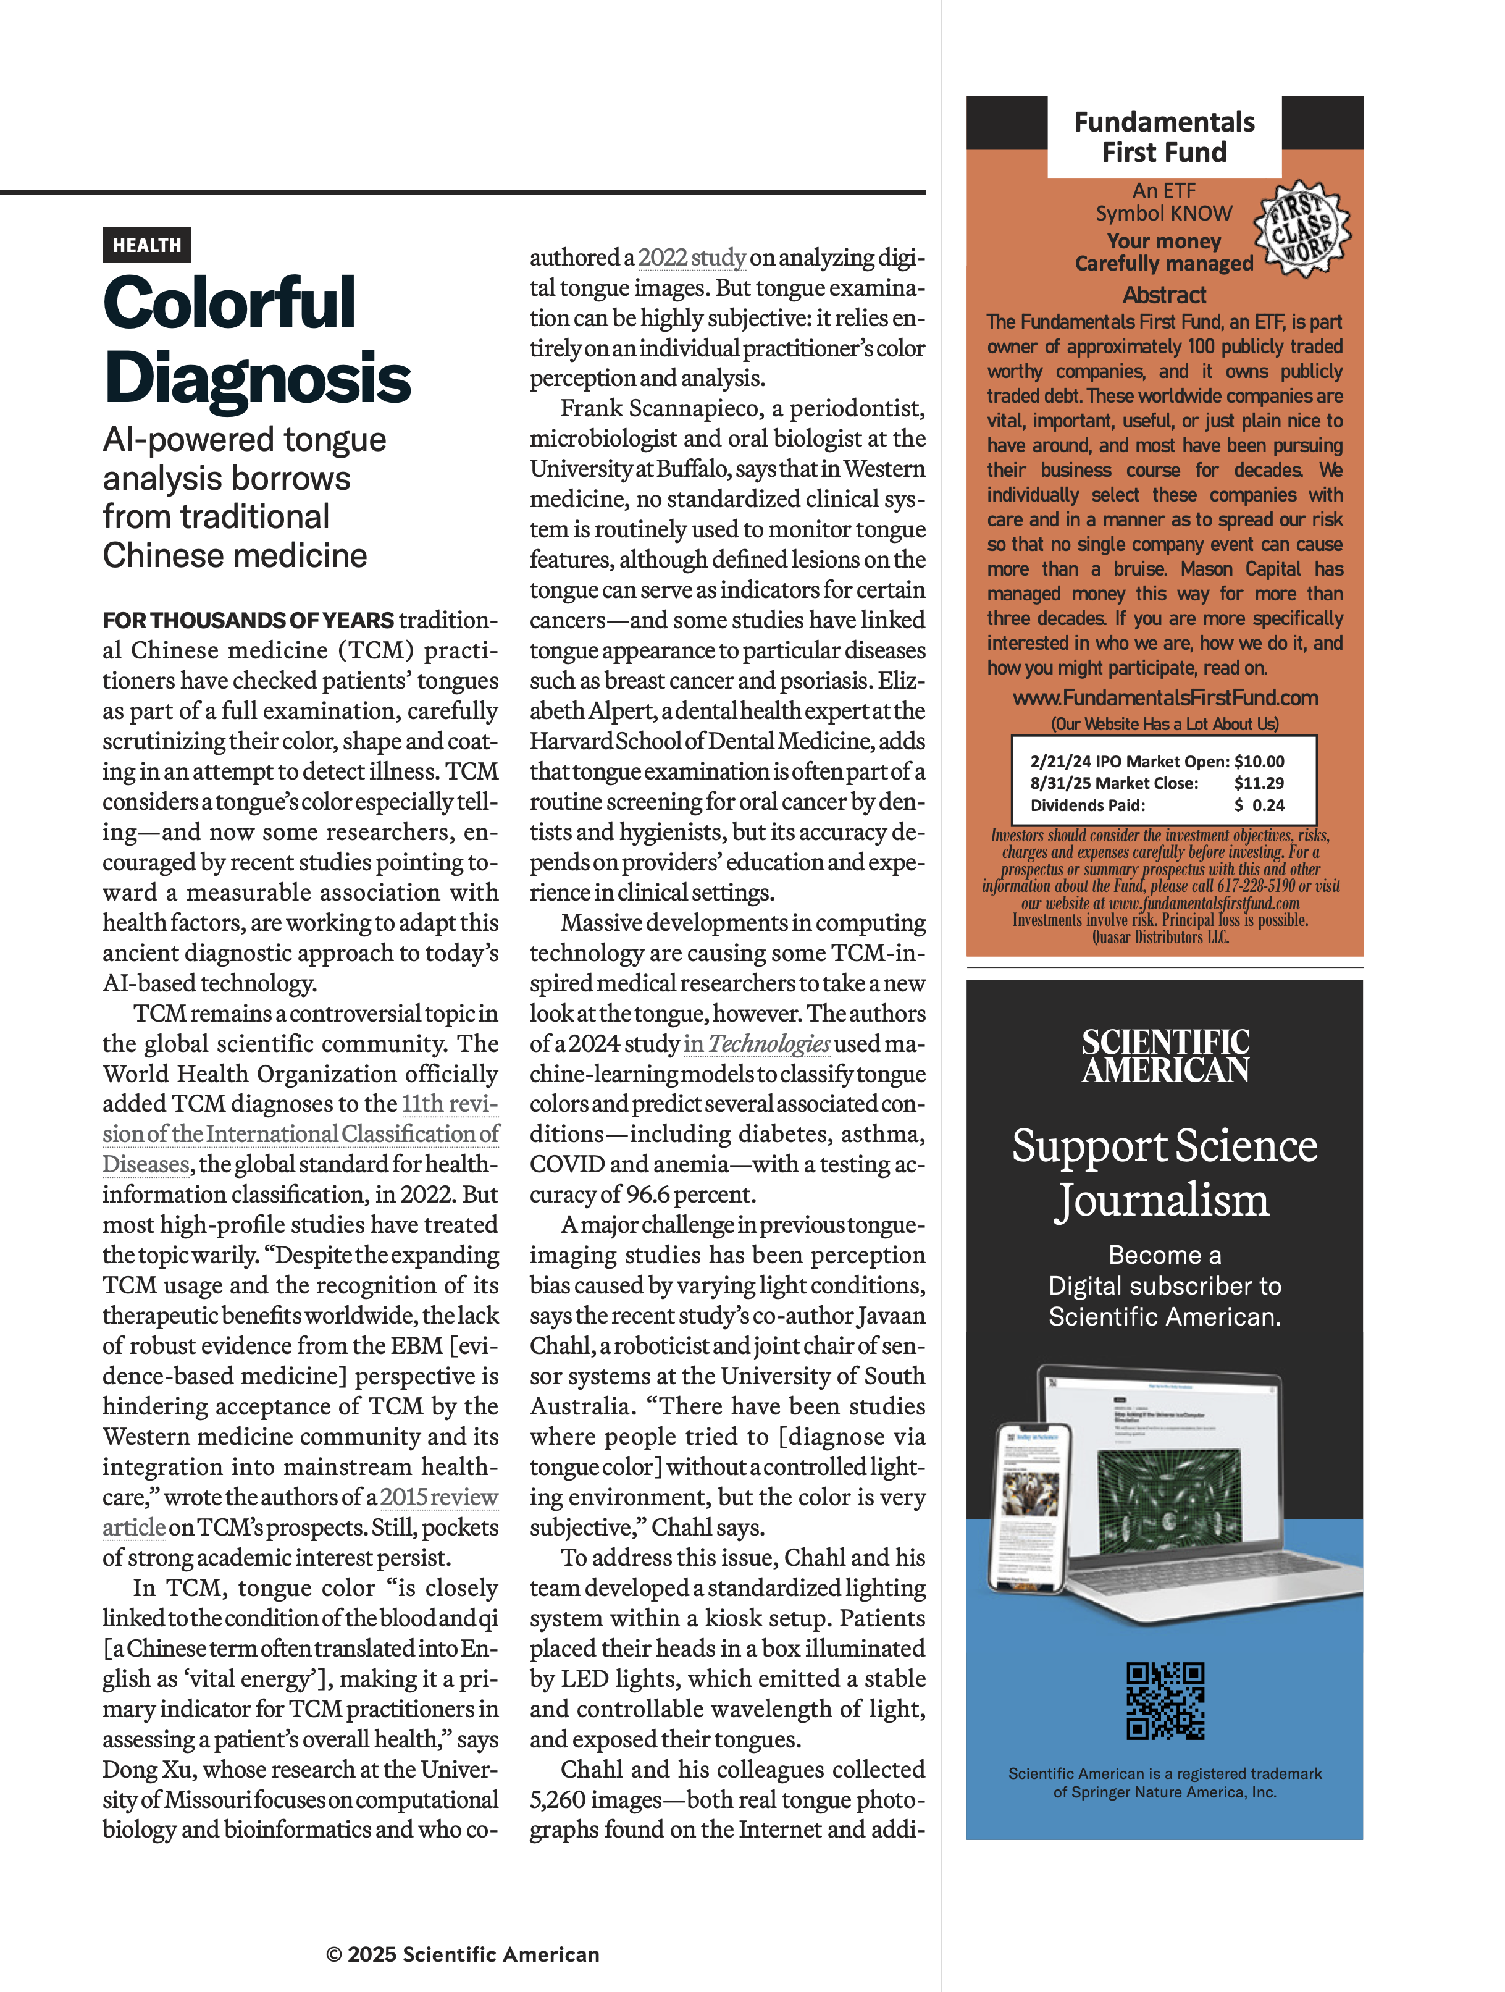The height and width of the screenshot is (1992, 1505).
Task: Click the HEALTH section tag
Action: point(147,245)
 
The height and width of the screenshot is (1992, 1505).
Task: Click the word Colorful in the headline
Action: point(230,303)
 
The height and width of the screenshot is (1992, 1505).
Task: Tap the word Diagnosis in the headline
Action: point(258,378)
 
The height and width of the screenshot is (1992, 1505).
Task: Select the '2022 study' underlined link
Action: point(691,258)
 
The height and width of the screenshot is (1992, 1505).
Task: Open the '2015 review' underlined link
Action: point(438,1497)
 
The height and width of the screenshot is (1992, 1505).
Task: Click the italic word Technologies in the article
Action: point(769,1044)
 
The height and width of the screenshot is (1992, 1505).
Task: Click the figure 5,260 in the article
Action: point(557,1799)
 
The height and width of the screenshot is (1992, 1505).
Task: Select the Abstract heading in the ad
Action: point(1164,295)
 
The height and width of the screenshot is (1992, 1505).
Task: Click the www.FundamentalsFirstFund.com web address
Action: point(1165,698)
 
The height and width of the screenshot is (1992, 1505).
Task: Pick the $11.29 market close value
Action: point(1259,783)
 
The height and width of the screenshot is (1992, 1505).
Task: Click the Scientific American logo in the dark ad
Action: point(1165,1056)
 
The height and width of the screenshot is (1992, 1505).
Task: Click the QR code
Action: point(1165,1701)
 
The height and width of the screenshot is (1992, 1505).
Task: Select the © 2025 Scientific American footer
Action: point(463,1954)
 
